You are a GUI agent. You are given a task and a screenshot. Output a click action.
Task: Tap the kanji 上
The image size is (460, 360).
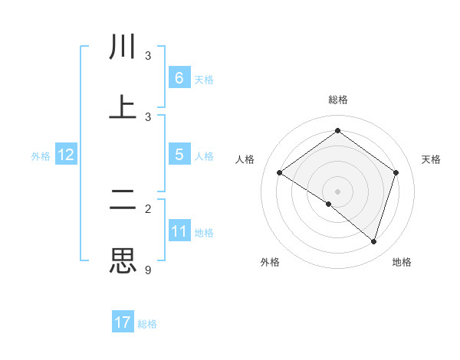[123, 107]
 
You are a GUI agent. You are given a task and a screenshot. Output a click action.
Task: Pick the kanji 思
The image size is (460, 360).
[123, 260]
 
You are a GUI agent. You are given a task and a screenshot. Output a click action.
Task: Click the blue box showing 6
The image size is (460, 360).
[179, 77]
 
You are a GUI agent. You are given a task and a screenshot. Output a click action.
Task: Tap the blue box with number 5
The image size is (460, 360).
[179, 154]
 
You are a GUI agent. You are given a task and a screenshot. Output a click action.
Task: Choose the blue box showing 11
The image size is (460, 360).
[179, 231]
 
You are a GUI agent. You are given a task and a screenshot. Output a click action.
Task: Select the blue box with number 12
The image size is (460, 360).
[66, 155]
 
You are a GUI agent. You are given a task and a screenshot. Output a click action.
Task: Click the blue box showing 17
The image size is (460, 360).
[123, 322]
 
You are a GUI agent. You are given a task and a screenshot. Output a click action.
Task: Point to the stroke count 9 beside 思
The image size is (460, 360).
[148, 270]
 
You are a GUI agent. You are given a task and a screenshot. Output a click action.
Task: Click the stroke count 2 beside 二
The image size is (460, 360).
[148, 208]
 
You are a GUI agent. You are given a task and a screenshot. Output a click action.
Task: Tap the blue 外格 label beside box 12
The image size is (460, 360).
[41, 155]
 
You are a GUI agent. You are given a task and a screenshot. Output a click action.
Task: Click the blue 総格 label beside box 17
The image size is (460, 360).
[147, 324]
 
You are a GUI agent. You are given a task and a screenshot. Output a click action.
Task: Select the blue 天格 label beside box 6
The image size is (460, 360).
[204, 79]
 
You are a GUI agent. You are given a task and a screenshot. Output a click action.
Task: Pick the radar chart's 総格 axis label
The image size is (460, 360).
[338, 100]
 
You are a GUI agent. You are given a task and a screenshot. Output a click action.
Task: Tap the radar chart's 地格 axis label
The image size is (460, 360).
[402, 262]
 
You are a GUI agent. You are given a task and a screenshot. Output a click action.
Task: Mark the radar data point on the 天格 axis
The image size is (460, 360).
[396, 172]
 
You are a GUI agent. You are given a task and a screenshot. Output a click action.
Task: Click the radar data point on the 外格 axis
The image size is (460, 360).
[329, 204]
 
